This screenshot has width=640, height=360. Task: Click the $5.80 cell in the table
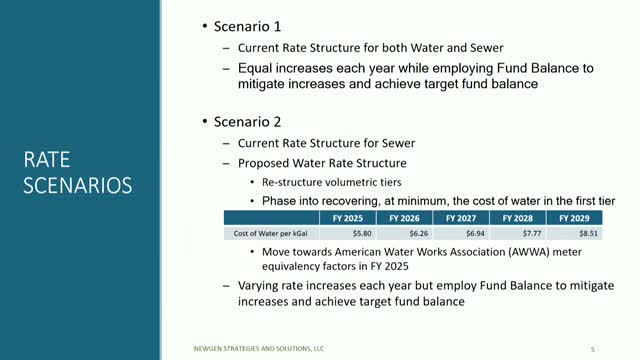pyautogui.click(x=338, y=232)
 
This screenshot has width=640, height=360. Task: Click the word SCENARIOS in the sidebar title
pyautogui.click(x=78, y=186)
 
